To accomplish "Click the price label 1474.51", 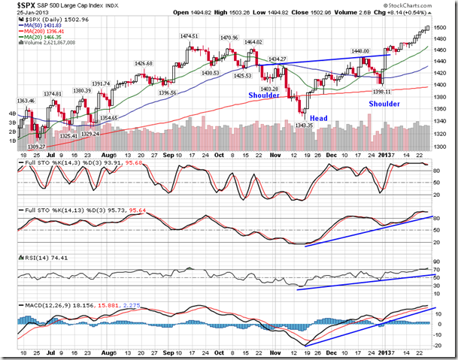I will click(x=187, y=36).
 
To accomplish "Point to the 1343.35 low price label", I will click(x=304, y=125).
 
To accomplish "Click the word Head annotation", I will click(x=318, y=117).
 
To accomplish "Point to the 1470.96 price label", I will click(x=229, y=38).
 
